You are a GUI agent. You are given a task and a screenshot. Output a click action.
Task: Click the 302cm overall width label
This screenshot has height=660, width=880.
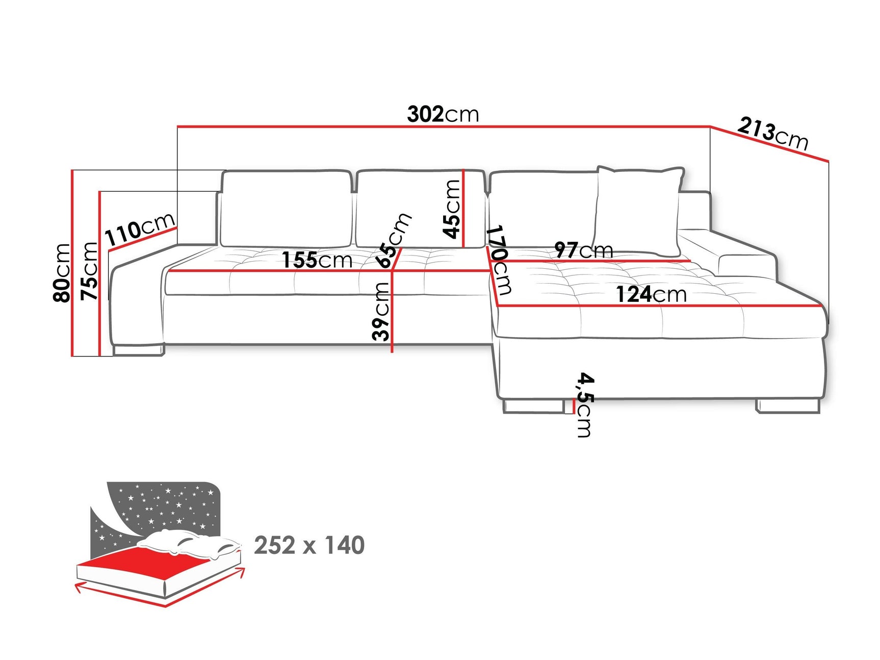[443, 114]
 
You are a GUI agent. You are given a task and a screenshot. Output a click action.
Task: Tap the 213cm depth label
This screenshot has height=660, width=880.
[772, 133]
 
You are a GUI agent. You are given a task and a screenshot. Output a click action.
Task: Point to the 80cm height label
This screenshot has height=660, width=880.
[62, 272]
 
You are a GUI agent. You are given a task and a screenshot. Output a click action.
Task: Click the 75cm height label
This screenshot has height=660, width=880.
[89, 271]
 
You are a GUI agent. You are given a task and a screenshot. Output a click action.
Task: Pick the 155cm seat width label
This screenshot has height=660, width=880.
[317, 260]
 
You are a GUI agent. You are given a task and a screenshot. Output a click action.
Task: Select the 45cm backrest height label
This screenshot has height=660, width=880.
[452, 209]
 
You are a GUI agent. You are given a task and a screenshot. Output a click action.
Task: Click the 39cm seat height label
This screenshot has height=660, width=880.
[381, 312]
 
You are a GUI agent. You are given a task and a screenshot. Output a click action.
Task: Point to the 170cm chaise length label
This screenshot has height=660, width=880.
[499, 260]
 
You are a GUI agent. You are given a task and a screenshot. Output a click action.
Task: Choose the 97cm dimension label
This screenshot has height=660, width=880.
[583, 250]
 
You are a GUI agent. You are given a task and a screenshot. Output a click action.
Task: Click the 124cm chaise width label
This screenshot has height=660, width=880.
[651, 294]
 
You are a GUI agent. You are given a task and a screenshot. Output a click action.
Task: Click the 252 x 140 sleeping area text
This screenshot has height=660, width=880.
[309, 545]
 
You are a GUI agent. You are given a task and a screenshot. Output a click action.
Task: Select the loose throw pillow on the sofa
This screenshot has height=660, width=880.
[638, 209]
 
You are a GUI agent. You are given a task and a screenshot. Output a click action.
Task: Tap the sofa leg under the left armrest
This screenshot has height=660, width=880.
[138, 350]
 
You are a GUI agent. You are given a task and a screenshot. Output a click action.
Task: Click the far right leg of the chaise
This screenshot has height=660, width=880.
[788, 405]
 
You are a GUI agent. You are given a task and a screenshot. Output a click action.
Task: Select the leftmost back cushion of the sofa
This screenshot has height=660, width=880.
[286, 209]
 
